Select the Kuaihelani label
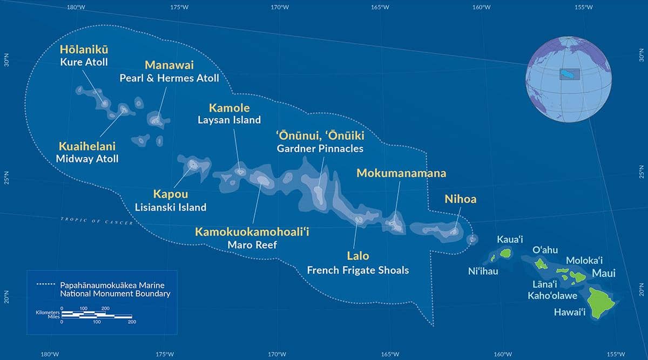[x=87, y=146]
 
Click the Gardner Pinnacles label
[x=320, y=148]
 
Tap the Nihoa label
[x=460, y=199]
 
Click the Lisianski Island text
[x=171, y=207]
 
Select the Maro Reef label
[x=252, y=245]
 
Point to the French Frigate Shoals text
[x=357, y=270]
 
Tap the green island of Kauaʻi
[x=505, y=253]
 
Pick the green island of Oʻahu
[x=542, y=264]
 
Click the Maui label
[x=604, y=273]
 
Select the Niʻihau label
[x=483, y=271]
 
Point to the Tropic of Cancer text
[x=97, y=220]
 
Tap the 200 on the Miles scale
[x=131, y=322]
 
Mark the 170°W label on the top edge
[x=278, y=7]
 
